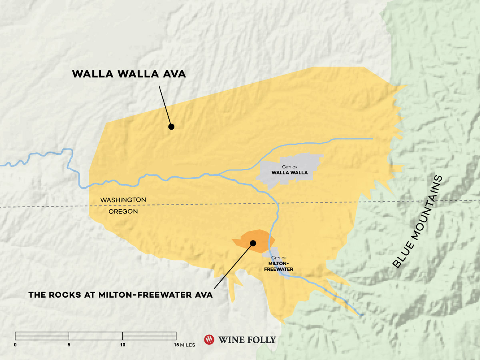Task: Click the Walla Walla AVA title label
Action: [x=129, y=74]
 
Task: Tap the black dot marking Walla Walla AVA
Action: [x=171, y=127]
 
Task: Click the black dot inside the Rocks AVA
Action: [x=253, y=243]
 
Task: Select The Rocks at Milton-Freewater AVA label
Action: [x=120, y=295]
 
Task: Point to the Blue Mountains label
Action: [x=418, y=221]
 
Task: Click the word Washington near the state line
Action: [x=123, y=200]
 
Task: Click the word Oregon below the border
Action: [x=123, y=211]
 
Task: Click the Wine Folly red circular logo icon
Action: [x=209, y=340]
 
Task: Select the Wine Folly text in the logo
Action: [x=247, y=340]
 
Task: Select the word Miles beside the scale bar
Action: [x=188, y=345]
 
